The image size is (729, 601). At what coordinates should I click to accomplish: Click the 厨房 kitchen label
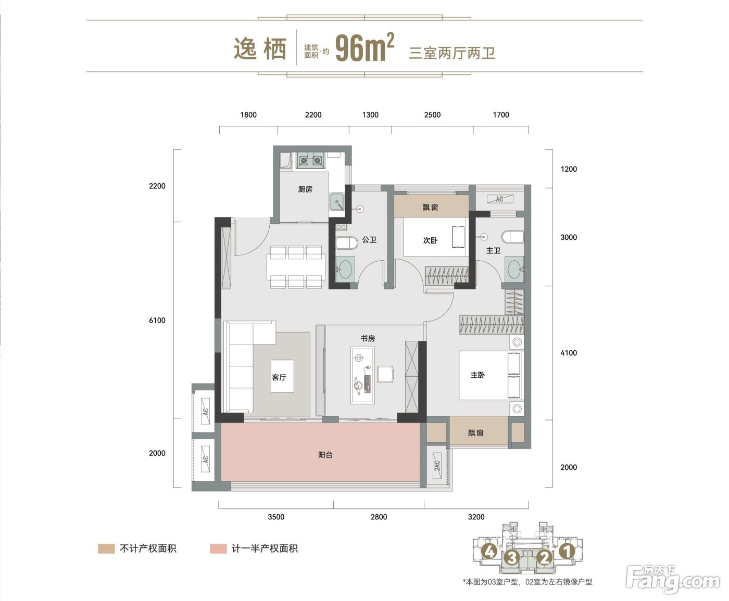[x=305, y=189]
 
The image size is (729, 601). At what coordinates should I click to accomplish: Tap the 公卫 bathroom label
[x=369, y=240]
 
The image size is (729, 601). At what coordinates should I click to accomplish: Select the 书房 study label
[x=368, y=338]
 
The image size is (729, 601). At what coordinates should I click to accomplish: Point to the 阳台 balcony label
[x=325, y=455]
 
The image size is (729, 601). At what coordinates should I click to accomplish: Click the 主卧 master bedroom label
[x=477, y=375]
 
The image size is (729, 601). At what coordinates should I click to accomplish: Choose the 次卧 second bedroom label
[x=430, y=240]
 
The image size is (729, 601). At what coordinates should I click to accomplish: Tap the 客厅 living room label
[x=279, y=377]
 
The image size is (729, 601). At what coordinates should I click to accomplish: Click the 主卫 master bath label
[x=493, y=250]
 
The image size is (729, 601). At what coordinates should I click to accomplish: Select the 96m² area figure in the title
[x=364, y=48]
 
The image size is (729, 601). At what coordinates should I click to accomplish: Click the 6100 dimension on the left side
[x=157, y=321]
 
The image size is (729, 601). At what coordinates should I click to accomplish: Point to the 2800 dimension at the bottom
[x=379, y=517]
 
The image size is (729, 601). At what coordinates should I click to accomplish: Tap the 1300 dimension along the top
[x=370, y=115]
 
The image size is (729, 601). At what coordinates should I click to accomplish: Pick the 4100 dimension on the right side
[x=569, y=353]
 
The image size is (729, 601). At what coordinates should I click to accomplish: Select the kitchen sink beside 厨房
[x=337, y=202]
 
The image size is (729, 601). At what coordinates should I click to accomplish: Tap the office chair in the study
[x=385, y=374]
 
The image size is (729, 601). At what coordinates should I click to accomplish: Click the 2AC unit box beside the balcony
[x=437, y=465]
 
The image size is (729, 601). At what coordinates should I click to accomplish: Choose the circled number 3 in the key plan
[x=512, y=558]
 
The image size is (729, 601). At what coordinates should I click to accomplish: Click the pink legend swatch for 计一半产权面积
[x=218, y=548]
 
